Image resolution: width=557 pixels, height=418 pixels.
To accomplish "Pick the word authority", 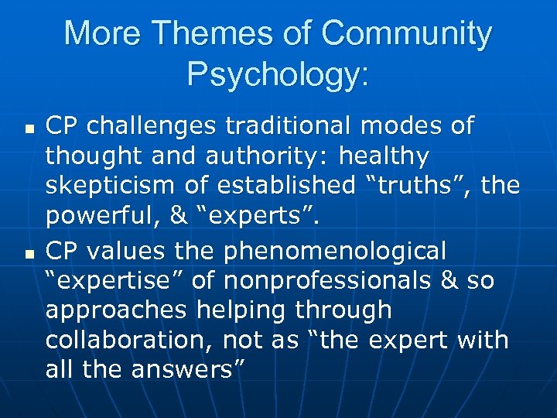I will click(x=261, y=156).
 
